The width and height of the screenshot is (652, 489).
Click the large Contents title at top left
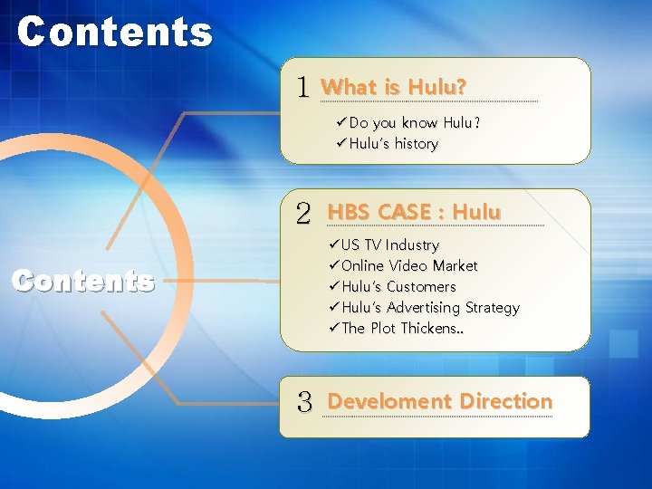[114, 32]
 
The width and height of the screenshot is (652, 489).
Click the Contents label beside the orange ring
[82, 282]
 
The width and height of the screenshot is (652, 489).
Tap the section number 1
[303, 88]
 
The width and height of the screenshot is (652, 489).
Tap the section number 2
[303, 214]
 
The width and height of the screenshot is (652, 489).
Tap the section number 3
[304, 402]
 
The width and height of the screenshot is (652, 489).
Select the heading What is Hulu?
[394, 87]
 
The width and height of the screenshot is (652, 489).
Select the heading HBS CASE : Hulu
[414, 212]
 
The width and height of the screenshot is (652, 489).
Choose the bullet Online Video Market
[403, 265]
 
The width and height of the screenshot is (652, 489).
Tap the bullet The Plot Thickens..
[397, 328]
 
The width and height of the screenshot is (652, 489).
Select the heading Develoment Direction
[439, 401]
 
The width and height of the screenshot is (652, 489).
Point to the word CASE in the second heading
[405, 212]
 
